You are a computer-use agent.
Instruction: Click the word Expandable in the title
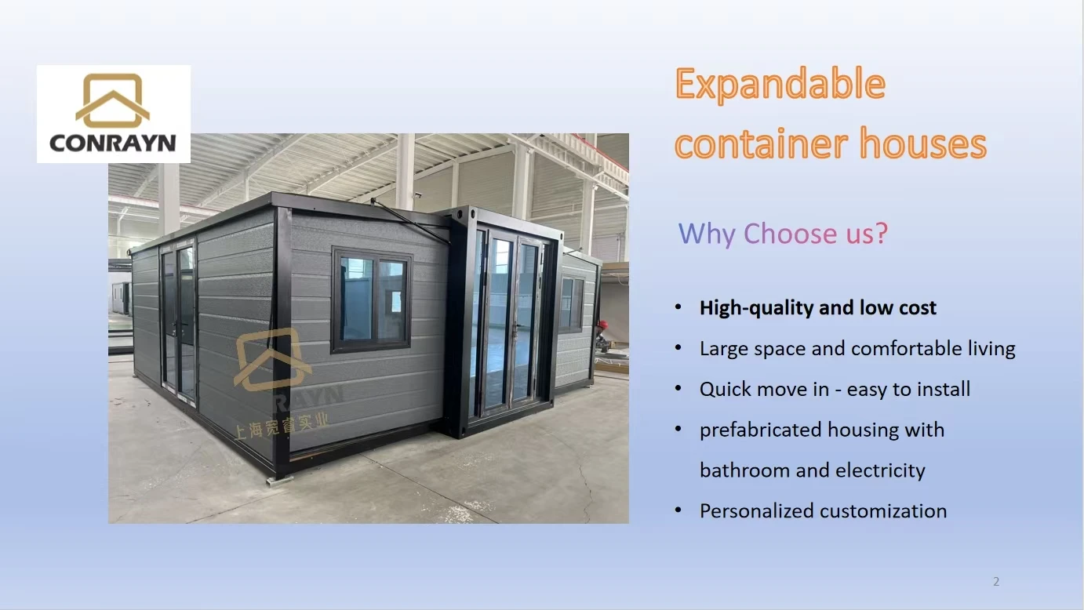click(x=780, y=85)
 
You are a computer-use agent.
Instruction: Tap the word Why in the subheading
click(x=706, y=234)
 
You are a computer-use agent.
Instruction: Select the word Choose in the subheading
click(x=790, y=234)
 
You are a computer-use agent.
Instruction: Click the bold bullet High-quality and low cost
click(x=817, y=308)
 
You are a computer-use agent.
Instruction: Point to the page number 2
click(x=996, y=582)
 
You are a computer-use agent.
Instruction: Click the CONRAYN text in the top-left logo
click(x=113, y=143)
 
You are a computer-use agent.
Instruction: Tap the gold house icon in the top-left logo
click(x=113, y=100)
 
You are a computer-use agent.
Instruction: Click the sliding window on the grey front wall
click(x=372, y=300)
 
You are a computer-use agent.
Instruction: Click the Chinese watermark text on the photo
click(x=282, y=425)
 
